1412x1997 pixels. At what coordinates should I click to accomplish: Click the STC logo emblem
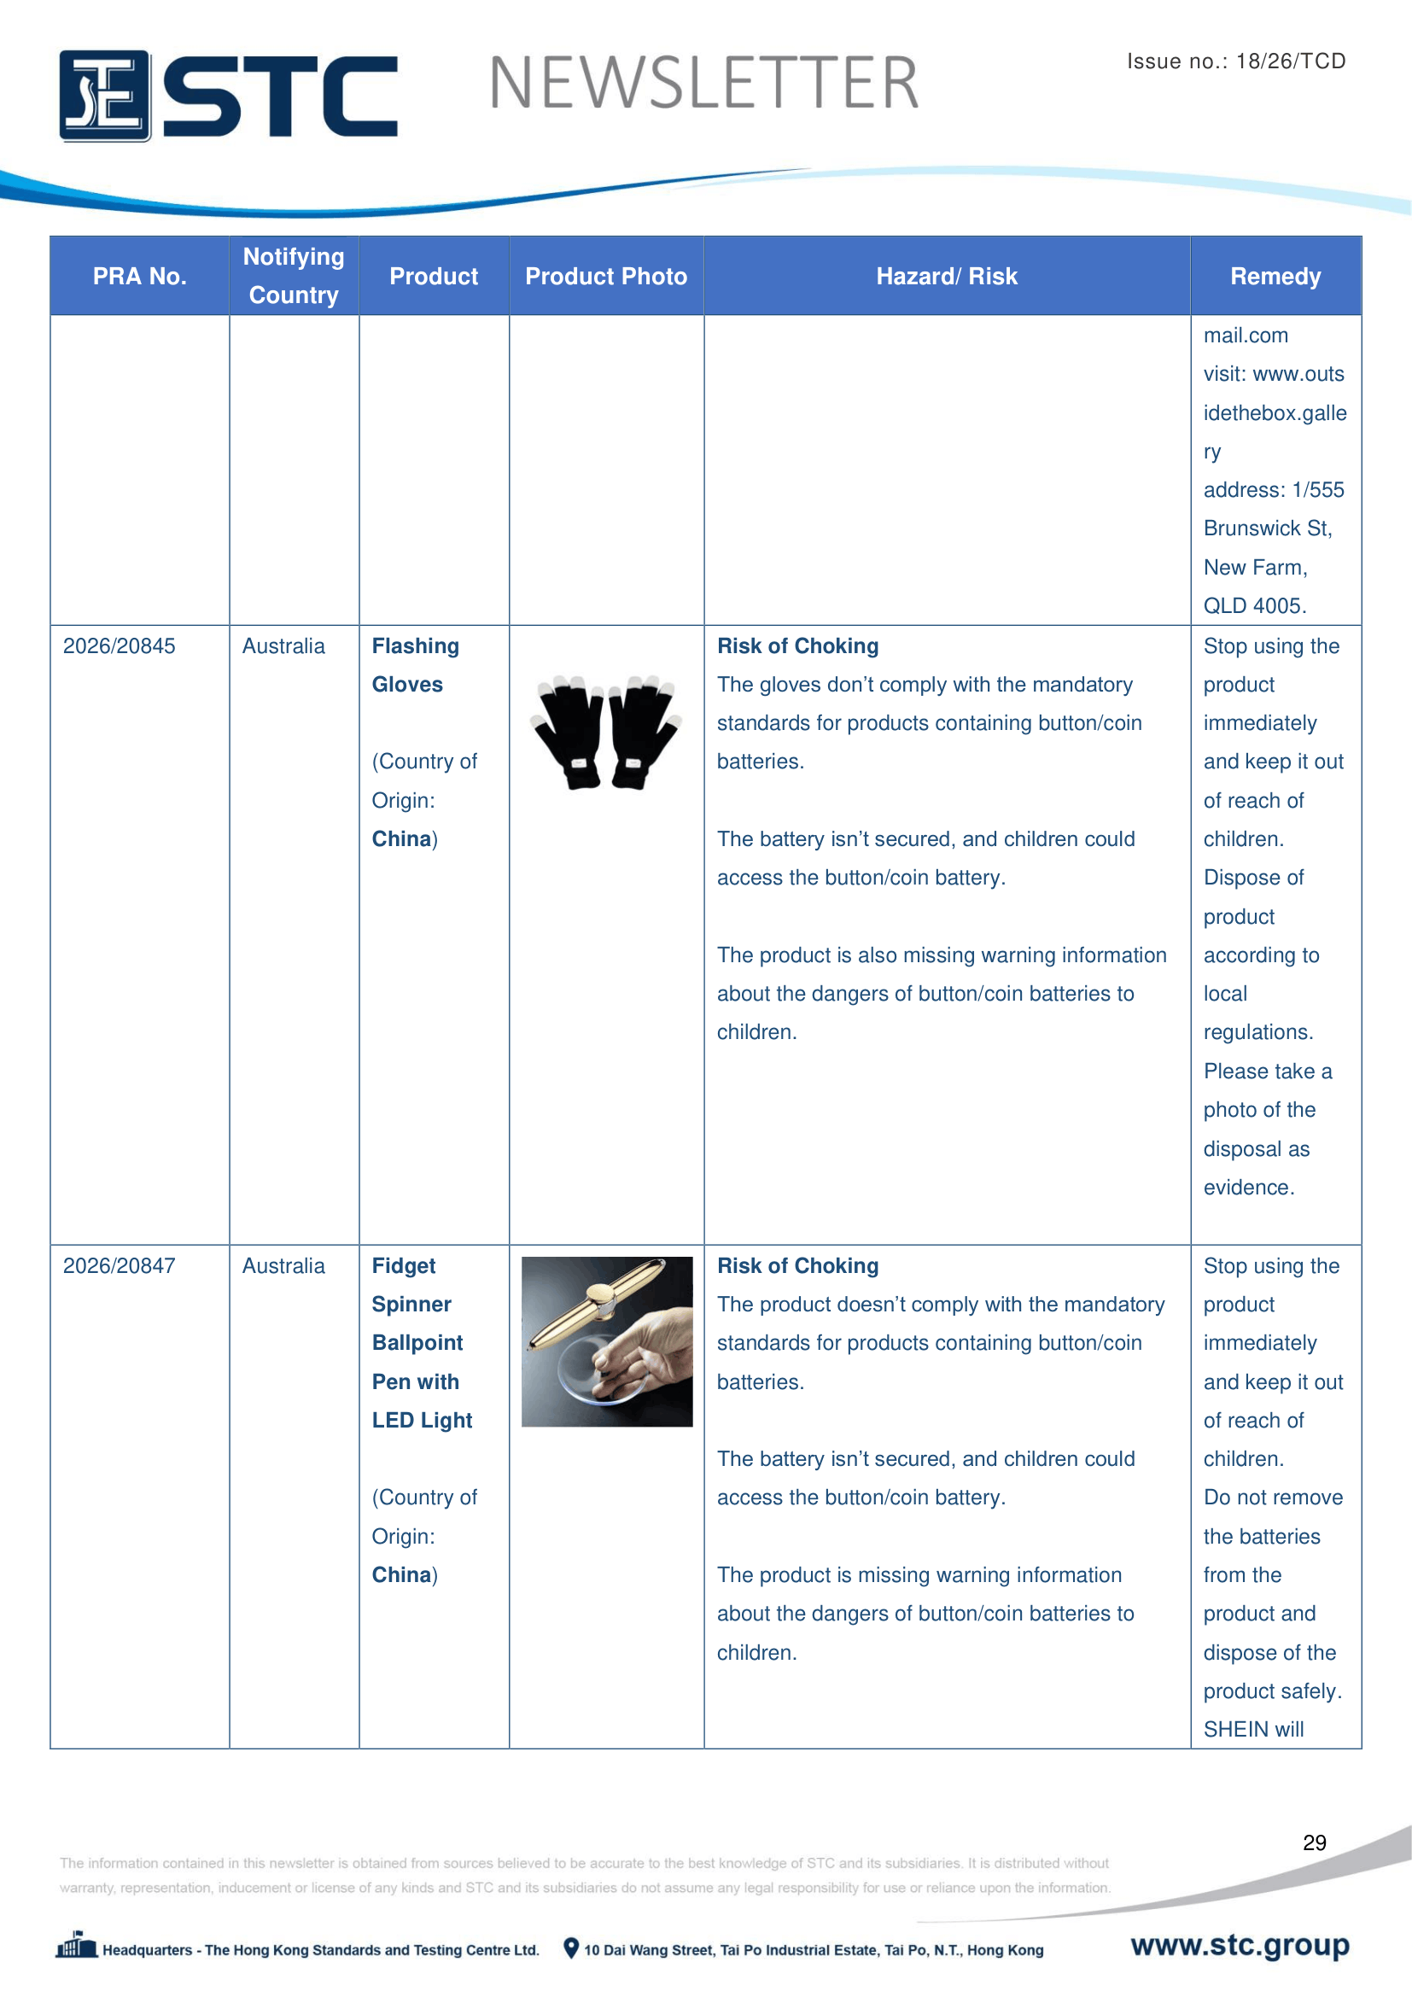104,96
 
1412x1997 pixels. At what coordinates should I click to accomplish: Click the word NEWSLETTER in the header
703,84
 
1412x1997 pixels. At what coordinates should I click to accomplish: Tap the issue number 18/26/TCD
1290,61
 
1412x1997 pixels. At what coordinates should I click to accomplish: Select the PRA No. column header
139,277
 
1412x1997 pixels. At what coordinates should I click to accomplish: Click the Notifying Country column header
294,276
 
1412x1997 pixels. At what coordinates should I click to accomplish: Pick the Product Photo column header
606,277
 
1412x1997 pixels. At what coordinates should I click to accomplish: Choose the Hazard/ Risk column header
946,277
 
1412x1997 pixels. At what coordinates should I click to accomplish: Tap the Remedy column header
1275,277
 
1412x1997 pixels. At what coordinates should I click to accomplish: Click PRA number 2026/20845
120,646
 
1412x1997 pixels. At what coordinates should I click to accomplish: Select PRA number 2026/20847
120,1265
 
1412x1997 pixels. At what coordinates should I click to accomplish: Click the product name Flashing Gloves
415,665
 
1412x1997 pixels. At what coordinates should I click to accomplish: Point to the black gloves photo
605,732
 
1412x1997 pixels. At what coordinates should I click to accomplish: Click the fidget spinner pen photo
607,1341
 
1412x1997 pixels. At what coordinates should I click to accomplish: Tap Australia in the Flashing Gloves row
283,646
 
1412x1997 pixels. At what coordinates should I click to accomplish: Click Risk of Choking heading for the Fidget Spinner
797,1265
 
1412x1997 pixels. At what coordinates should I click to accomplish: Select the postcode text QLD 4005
1254,606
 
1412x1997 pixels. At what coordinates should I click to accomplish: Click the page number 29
1314,1842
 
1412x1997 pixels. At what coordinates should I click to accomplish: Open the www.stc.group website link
1239,1945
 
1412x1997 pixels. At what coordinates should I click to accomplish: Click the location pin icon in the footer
570,1948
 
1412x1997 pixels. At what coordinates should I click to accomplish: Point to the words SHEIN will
1253,1729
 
